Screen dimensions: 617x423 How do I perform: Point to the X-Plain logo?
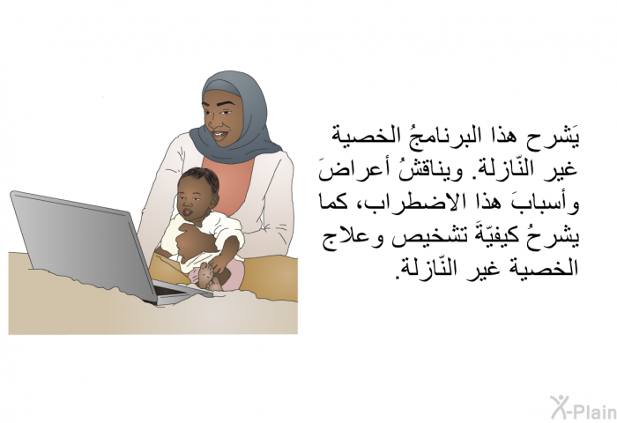tap(584, 407)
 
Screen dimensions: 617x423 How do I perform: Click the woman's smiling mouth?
tap(219, 136)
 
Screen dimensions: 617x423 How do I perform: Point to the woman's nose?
tap(212, 122)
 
